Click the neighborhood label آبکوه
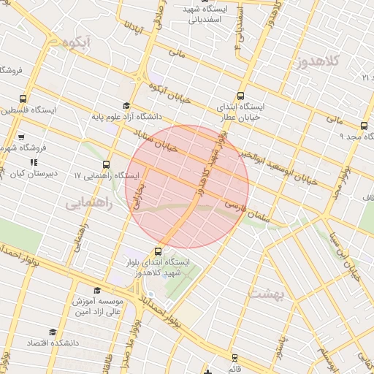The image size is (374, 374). tap(77, 43)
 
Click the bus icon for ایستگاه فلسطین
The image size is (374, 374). tap(25, 99)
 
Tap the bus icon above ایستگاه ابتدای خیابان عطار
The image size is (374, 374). tap(242, 95)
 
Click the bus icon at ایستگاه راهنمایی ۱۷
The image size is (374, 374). tap(107, 164)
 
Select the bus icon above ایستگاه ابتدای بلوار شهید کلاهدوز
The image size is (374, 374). tap(159, 251)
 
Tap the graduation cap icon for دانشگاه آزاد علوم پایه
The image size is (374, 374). tap(126, 106)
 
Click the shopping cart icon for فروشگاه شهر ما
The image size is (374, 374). tap(21, 137)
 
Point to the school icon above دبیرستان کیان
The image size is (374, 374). tap(33, 162)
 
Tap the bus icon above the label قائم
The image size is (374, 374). tap(234, 358)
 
